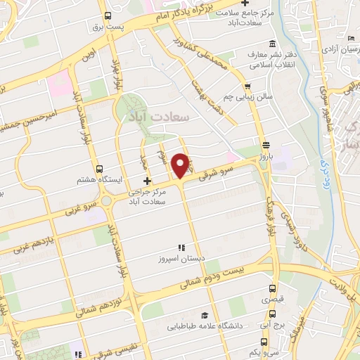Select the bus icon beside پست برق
click(x=108, y=17)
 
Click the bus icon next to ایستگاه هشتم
click(x=99, y=169)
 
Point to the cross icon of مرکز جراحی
click(x=146, y=182)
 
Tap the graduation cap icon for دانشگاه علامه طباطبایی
click(x=204, y=316)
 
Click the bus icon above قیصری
click(x=274, y=288)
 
